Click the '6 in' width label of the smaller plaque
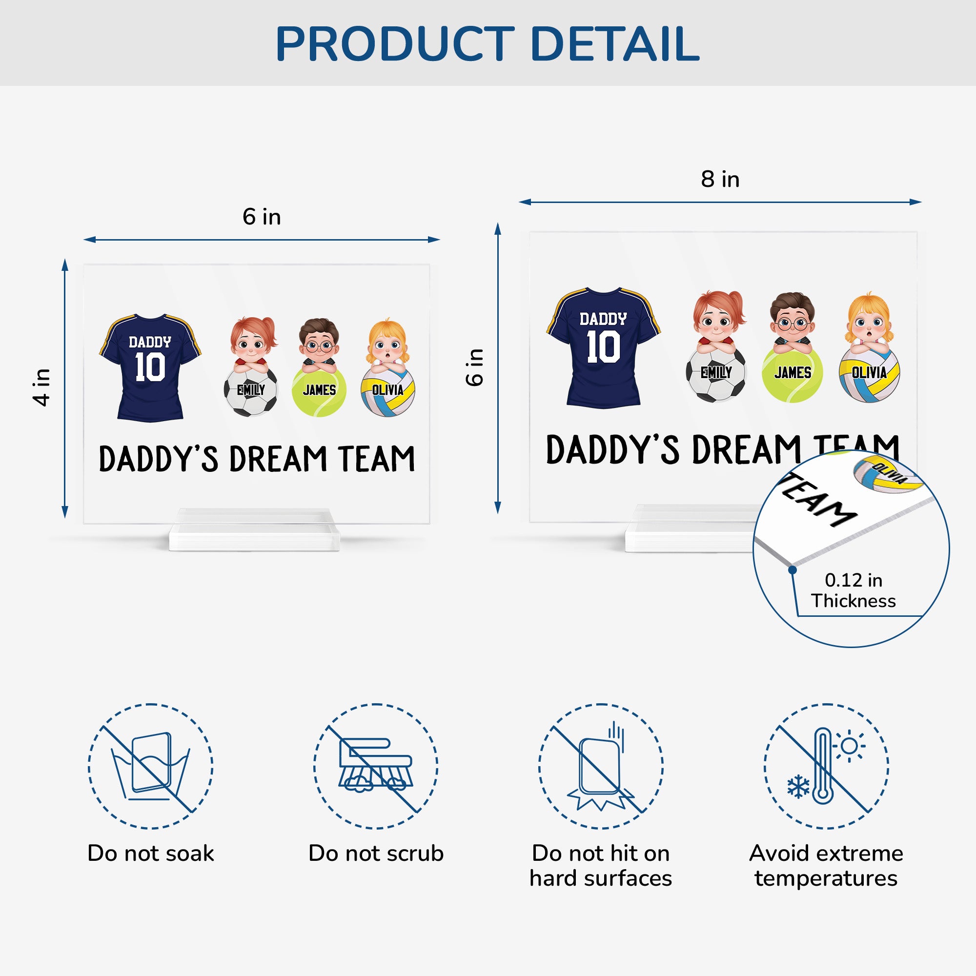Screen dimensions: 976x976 pyautogui.click(x=261, y=217)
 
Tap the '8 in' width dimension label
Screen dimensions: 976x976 pyautogui.click(x=720, y=179)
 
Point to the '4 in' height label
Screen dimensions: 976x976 pyautogui.click(x=41, y=387)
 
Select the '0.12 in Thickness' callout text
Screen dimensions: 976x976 pyautogui.click(x=853, y=590)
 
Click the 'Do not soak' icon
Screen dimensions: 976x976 pyautogui.click(x=150, y=766)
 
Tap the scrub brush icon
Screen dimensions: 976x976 pyautogui.click(x=376, y=766)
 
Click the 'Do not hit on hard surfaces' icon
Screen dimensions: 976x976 pyautogui.click(x=601, y=766)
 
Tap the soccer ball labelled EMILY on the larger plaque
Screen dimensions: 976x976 pyautogui.click(x=715, y=373)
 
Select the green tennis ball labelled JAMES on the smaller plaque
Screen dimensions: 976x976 pyautogui.click(x=319, y=391)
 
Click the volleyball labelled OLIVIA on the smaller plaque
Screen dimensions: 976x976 pyautogui.click(x=387, y=391)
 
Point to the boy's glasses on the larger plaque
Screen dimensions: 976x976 pyautogui.click(x=792, y=324)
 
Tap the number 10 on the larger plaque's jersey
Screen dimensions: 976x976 pyautogui.click(x=603, y=347)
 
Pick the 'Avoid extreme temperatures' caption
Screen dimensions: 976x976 pyautogui.click(x=826, y=866)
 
